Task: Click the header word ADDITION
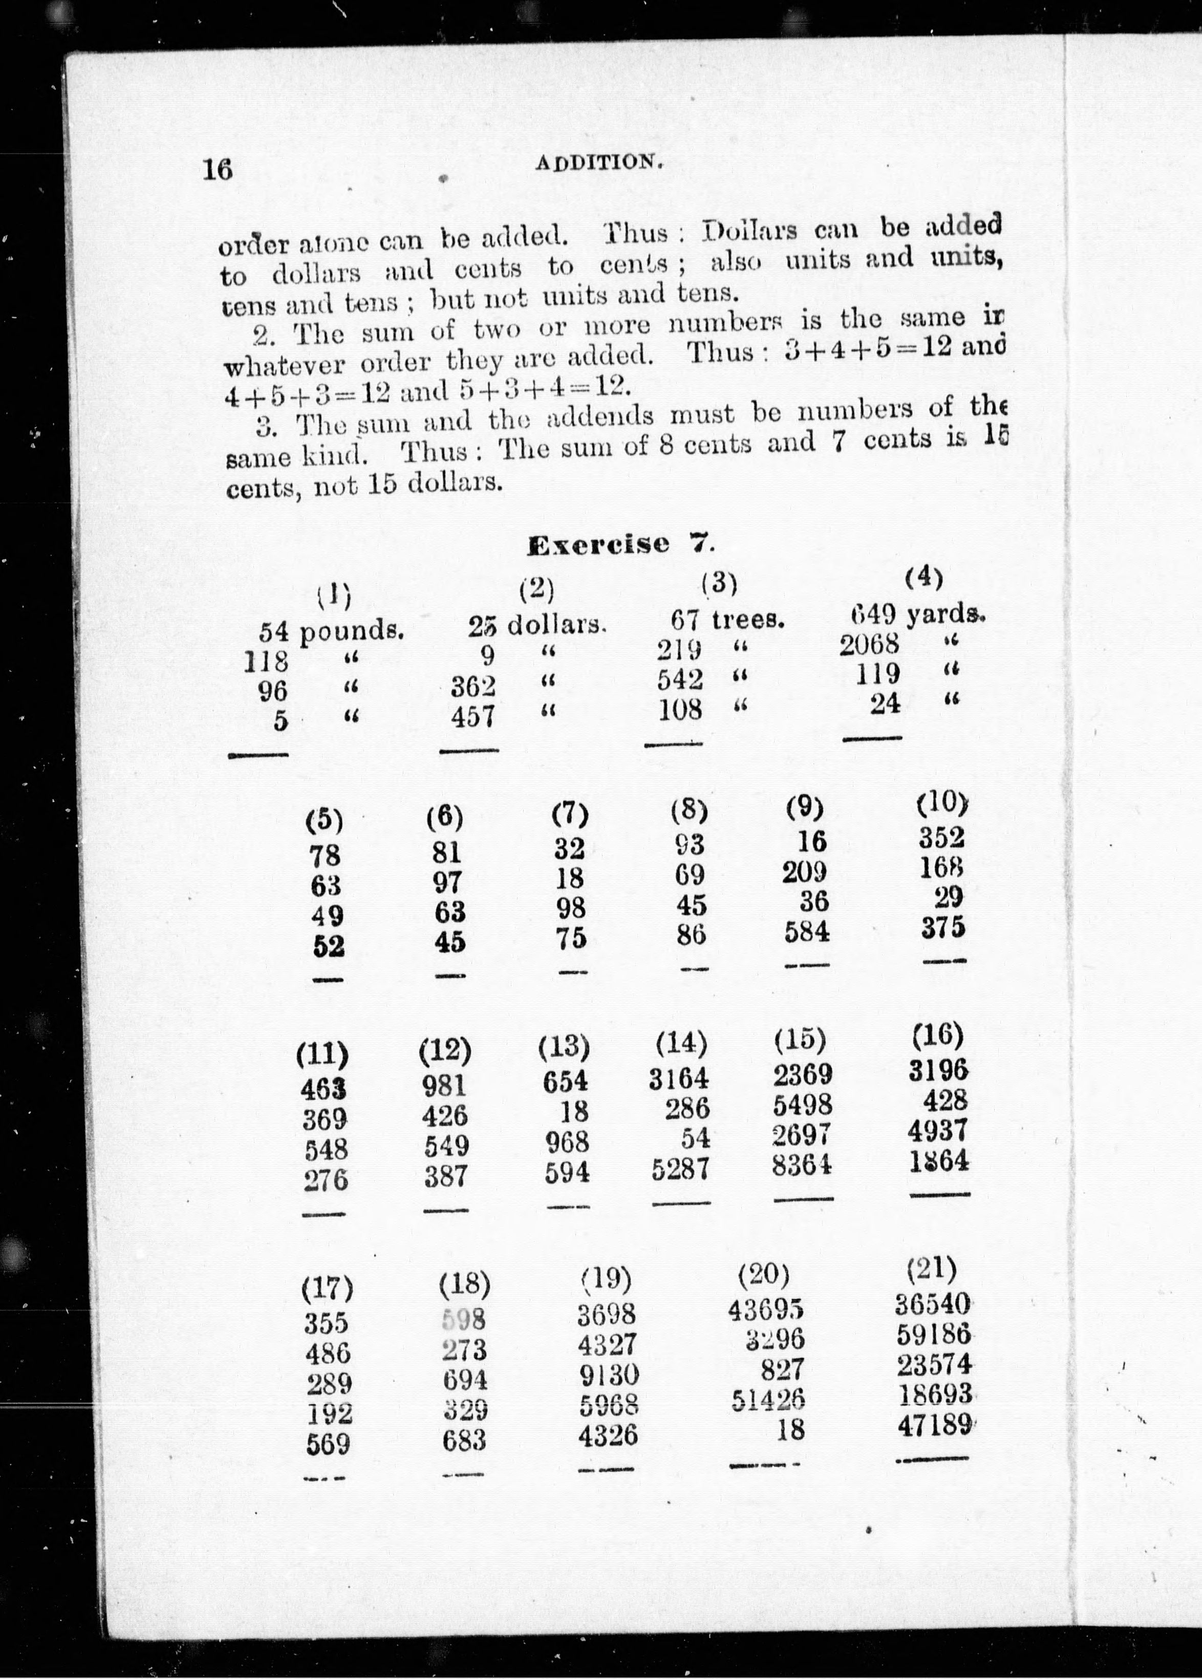pyautogui.click(x=597, y=162)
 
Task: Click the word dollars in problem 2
pyautogui.click(x=556, y=626)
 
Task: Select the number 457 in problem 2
pyautogui.click(x=474, y=717)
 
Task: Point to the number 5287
pyautogui.click(x=680, y=1170)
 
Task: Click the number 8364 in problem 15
pyautogui.click(x=802, y=1166)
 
